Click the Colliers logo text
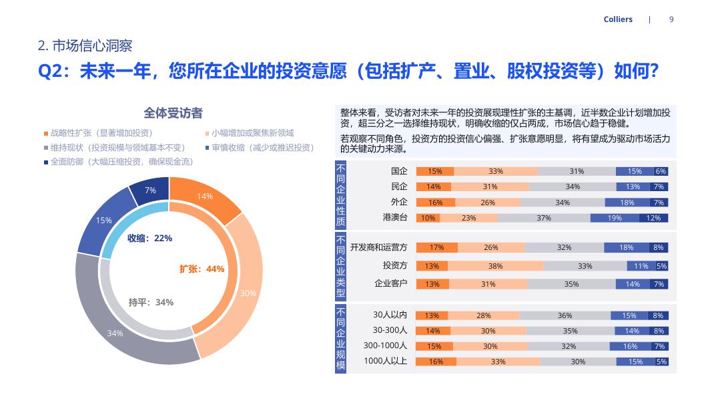[x=617, y=19]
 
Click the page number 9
[x=671, y=19]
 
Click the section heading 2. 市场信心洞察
[x=85, y=45]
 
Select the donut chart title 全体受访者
[x=173, y=113]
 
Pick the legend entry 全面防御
[x=117, y=162]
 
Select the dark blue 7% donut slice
[x=150, y=190]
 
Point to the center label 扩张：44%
[x=202, y=269]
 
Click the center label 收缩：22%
[x=149, y=238]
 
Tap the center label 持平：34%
[x=151, y=302]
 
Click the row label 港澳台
[x=395, y=217]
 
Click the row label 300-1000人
[x=385, y=346]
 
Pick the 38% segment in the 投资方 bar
[x=495, y=266]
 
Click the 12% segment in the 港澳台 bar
[x=653, y=218]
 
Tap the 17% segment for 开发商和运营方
[x=437, y=247]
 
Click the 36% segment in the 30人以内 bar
[x=565, y=315]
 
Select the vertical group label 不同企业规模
[x=341, y=339]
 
